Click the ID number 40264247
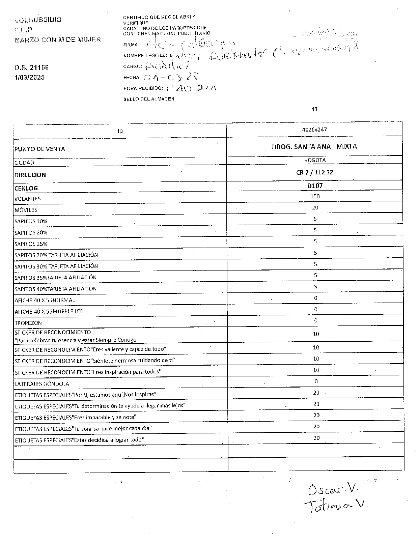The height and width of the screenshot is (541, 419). (x=314, y=130)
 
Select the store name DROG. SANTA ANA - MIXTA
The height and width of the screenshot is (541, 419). (x=314, y=146)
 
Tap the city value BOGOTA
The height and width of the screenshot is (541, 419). (x=314, y=161)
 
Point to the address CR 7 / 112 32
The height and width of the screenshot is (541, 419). (x=314, y=172)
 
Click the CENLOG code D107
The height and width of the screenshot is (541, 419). (x=315, y=186)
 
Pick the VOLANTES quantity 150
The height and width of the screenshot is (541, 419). (x=315, y=196)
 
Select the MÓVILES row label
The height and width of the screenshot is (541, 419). (x=26, y=210)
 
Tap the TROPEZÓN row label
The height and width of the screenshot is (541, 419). (x=28, y=323)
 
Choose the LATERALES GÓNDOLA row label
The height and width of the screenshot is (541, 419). (x=42, y=383)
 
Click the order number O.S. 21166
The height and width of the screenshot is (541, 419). (x=31, y=67)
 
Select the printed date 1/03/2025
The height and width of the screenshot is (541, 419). (x=29, y=78)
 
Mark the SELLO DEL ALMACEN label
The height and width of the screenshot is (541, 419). (x=149, y=99)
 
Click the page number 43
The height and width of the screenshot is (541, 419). (x=314, y=109)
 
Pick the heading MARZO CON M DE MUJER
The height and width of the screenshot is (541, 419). (x=58, y=39)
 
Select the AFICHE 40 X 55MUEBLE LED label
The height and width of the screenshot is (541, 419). (x=49, y=311)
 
